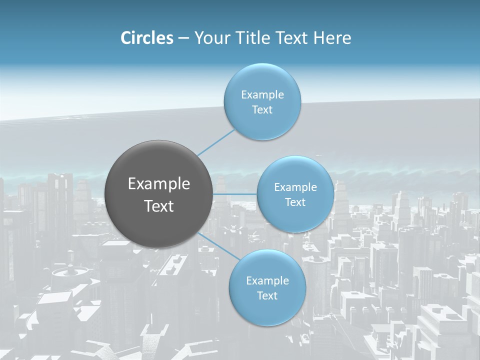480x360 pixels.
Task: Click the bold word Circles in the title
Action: click(147, 38)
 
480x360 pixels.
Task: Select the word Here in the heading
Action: click(332, 38)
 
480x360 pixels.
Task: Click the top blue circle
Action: click(262, 75)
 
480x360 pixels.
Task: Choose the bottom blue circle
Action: click(267, 312)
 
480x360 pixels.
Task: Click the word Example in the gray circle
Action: click(159, 184)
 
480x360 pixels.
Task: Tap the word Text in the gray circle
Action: click(159, 206)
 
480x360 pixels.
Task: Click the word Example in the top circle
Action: click(262, 94)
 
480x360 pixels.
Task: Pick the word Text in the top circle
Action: click(262, 109)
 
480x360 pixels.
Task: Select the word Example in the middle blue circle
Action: click(295, 187)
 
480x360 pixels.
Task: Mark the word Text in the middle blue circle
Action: click(295, 202)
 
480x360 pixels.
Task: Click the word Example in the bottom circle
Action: click(267, 280)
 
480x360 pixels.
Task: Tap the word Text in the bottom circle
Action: click(267, 295)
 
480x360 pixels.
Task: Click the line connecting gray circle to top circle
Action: click(216, 142)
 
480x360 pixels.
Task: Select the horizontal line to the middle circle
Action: click(234, 194)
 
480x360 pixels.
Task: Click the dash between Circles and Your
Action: click(183, 38)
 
